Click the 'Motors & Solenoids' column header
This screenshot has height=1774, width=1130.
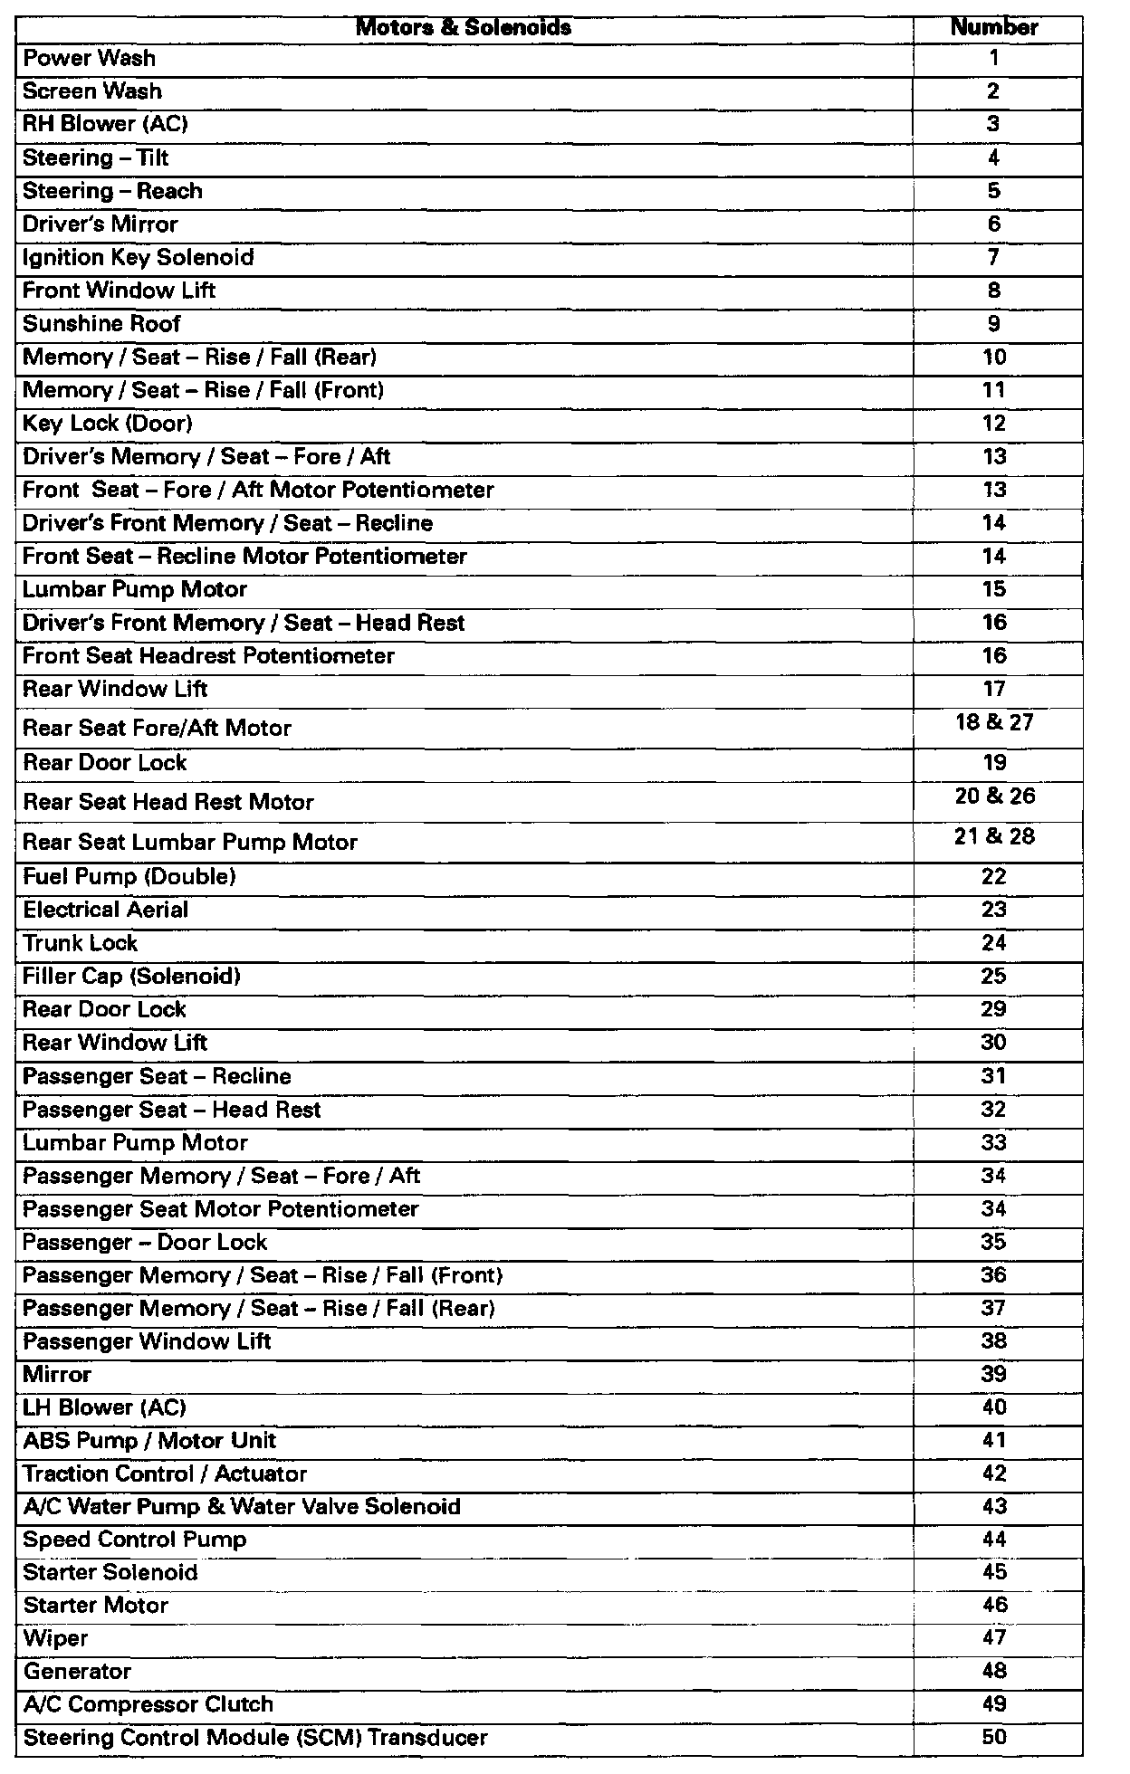coord(464,27)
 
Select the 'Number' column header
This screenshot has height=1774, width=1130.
coord(994,27)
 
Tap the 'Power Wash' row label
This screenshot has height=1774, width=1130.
coord(89,59)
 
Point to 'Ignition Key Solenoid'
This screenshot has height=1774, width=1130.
coord(138,258)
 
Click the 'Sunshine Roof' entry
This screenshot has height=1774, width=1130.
coord(101,324)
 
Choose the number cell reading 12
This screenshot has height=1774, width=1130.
coord(994,424)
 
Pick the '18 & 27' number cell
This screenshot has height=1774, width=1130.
coord(994,722)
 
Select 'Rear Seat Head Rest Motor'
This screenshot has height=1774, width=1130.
coord(168,802)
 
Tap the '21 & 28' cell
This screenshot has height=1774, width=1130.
coord(994,836)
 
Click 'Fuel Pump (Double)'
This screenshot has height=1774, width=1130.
coord(129,877)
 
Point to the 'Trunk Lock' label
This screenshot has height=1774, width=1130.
coord(80,943)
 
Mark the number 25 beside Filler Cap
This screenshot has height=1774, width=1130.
coord(994,977)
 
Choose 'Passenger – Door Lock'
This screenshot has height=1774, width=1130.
coord(145,1243)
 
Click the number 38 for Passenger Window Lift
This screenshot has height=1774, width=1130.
coord(994,1341)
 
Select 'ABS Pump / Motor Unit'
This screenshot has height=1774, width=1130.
coord(149,1441)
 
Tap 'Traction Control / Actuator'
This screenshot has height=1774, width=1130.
coord(165,1474)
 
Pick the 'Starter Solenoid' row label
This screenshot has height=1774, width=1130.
coord(110,1573)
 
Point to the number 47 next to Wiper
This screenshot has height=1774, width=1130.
coord(994,1638)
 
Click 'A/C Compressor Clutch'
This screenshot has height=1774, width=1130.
coord(148,1705)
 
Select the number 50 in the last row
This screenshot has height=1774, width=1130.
coord(994,1738)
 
